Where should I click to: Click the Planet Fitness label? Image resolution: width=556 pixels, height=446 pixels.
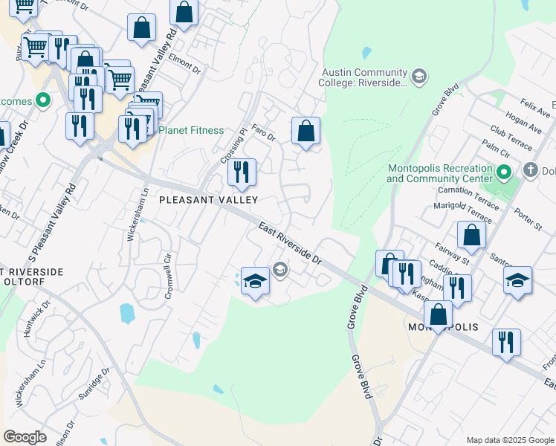(191, 131)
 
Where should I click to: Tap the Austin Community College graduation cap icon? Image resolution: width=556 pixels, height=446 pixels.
(419, 76)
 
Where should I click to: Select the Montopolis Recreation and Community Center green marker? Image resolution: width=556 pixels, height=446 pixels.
(503, 173)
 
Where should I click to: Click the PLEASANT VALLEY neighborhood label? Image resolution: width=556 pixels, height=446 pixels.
(209, 200)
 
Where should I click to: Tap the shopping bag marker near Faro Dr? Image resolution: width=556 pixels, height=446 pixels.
(306, 132)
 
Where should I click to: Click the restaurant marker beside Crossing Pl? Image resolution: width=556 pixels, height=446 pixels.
(242, 172)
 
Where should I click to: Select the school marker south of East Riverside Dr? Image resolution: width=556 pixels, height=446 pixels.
(255, 281)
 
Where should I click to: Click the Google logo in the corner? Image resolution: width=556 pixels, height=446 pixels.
(25, 437)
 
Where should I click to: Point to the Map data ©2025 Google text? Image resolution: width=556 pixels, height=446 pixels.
(509, 440)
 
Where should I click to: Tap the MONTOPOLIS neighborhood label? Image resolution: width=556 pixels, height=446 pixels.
(442, 328)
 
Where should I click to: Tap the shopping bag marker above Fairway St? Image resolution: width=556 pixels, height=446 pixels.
(471, 236)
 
